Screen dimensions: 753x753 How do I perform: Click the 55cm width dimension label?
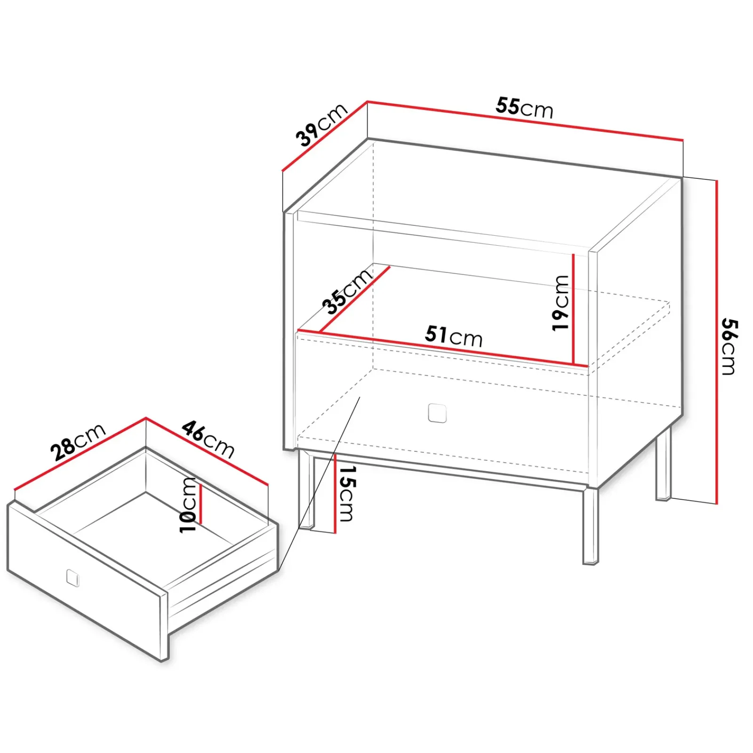(524, 108)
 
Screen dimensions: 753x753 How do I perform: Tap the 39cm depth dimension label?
(321, 125)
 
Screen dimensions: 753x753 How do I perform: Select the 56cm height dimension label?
(729, 346)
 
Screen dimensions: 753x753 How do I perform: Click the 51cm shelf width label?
(454, 336)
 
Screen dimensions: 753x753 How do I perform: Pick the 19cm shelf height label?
(561, 303)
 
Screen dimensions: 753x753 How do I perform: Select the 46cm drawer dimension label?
(208, 439)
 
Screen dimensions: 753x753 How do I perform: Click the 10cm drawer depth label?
(187, 505)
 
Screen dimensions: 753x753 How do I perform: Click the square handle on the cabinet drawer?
(437, 413)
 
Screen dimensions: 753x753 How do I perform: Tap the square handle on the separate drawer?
(72, 577)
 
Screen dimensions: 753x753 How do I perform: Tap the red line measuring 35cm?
(355, 299)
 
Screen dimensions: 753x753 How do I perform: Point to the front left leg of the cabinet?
(305, 489)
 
